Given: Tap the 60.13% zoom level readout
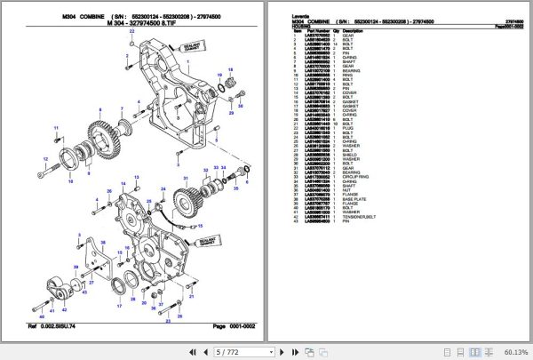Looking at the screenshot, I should click(513, 351).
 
